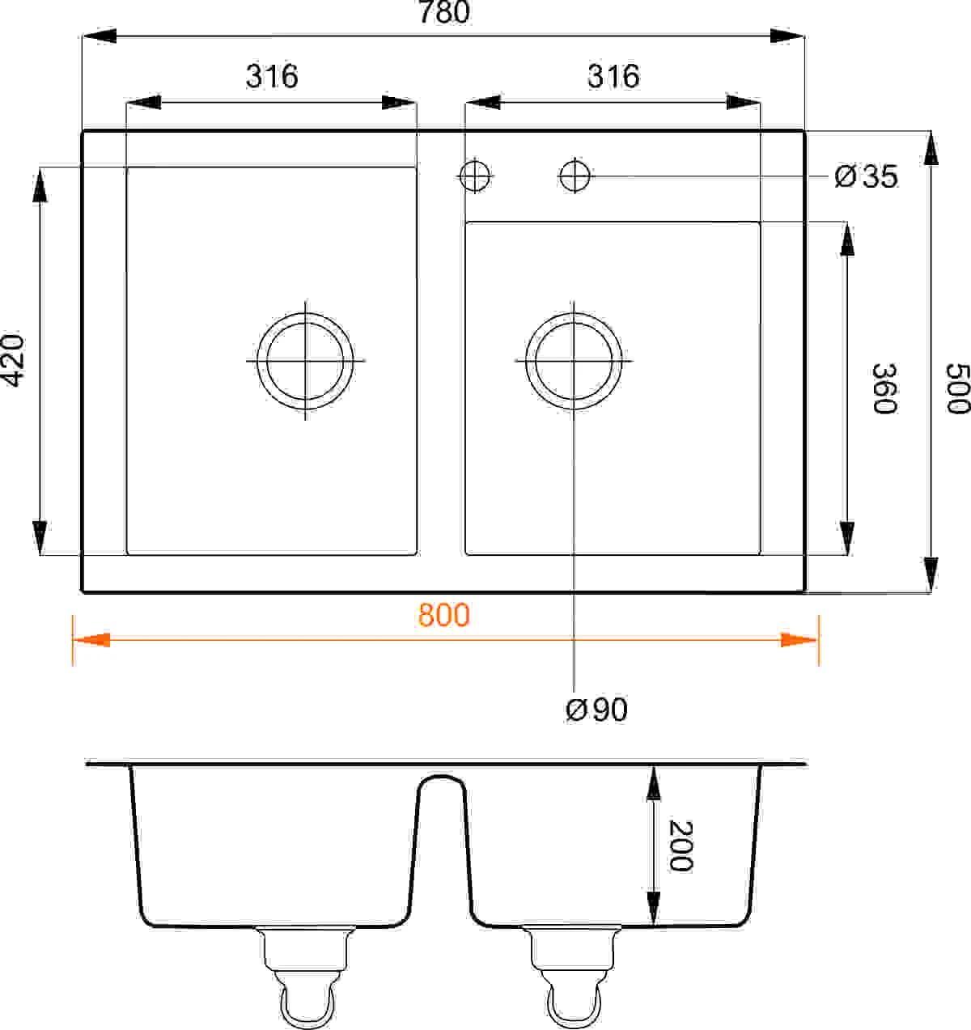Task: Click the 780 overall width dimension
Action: click(x=444, y=11)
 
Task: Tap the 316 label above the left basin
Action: click(x=272, y=76)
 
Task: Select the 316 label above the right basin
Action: click(x=613, y=76)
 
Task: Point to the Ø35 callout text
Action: click(x=866, y=176)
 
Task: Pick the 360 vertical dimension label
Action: click(x=884, y=388)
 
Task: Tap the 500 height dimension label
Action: click(x=957, y=388)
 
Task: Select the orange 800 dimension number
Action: click(x=444, y=615)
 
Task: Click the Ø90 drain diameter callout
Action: click(x=596, y=710)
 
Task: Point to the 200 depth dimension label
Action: click(x=680, y=846)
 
